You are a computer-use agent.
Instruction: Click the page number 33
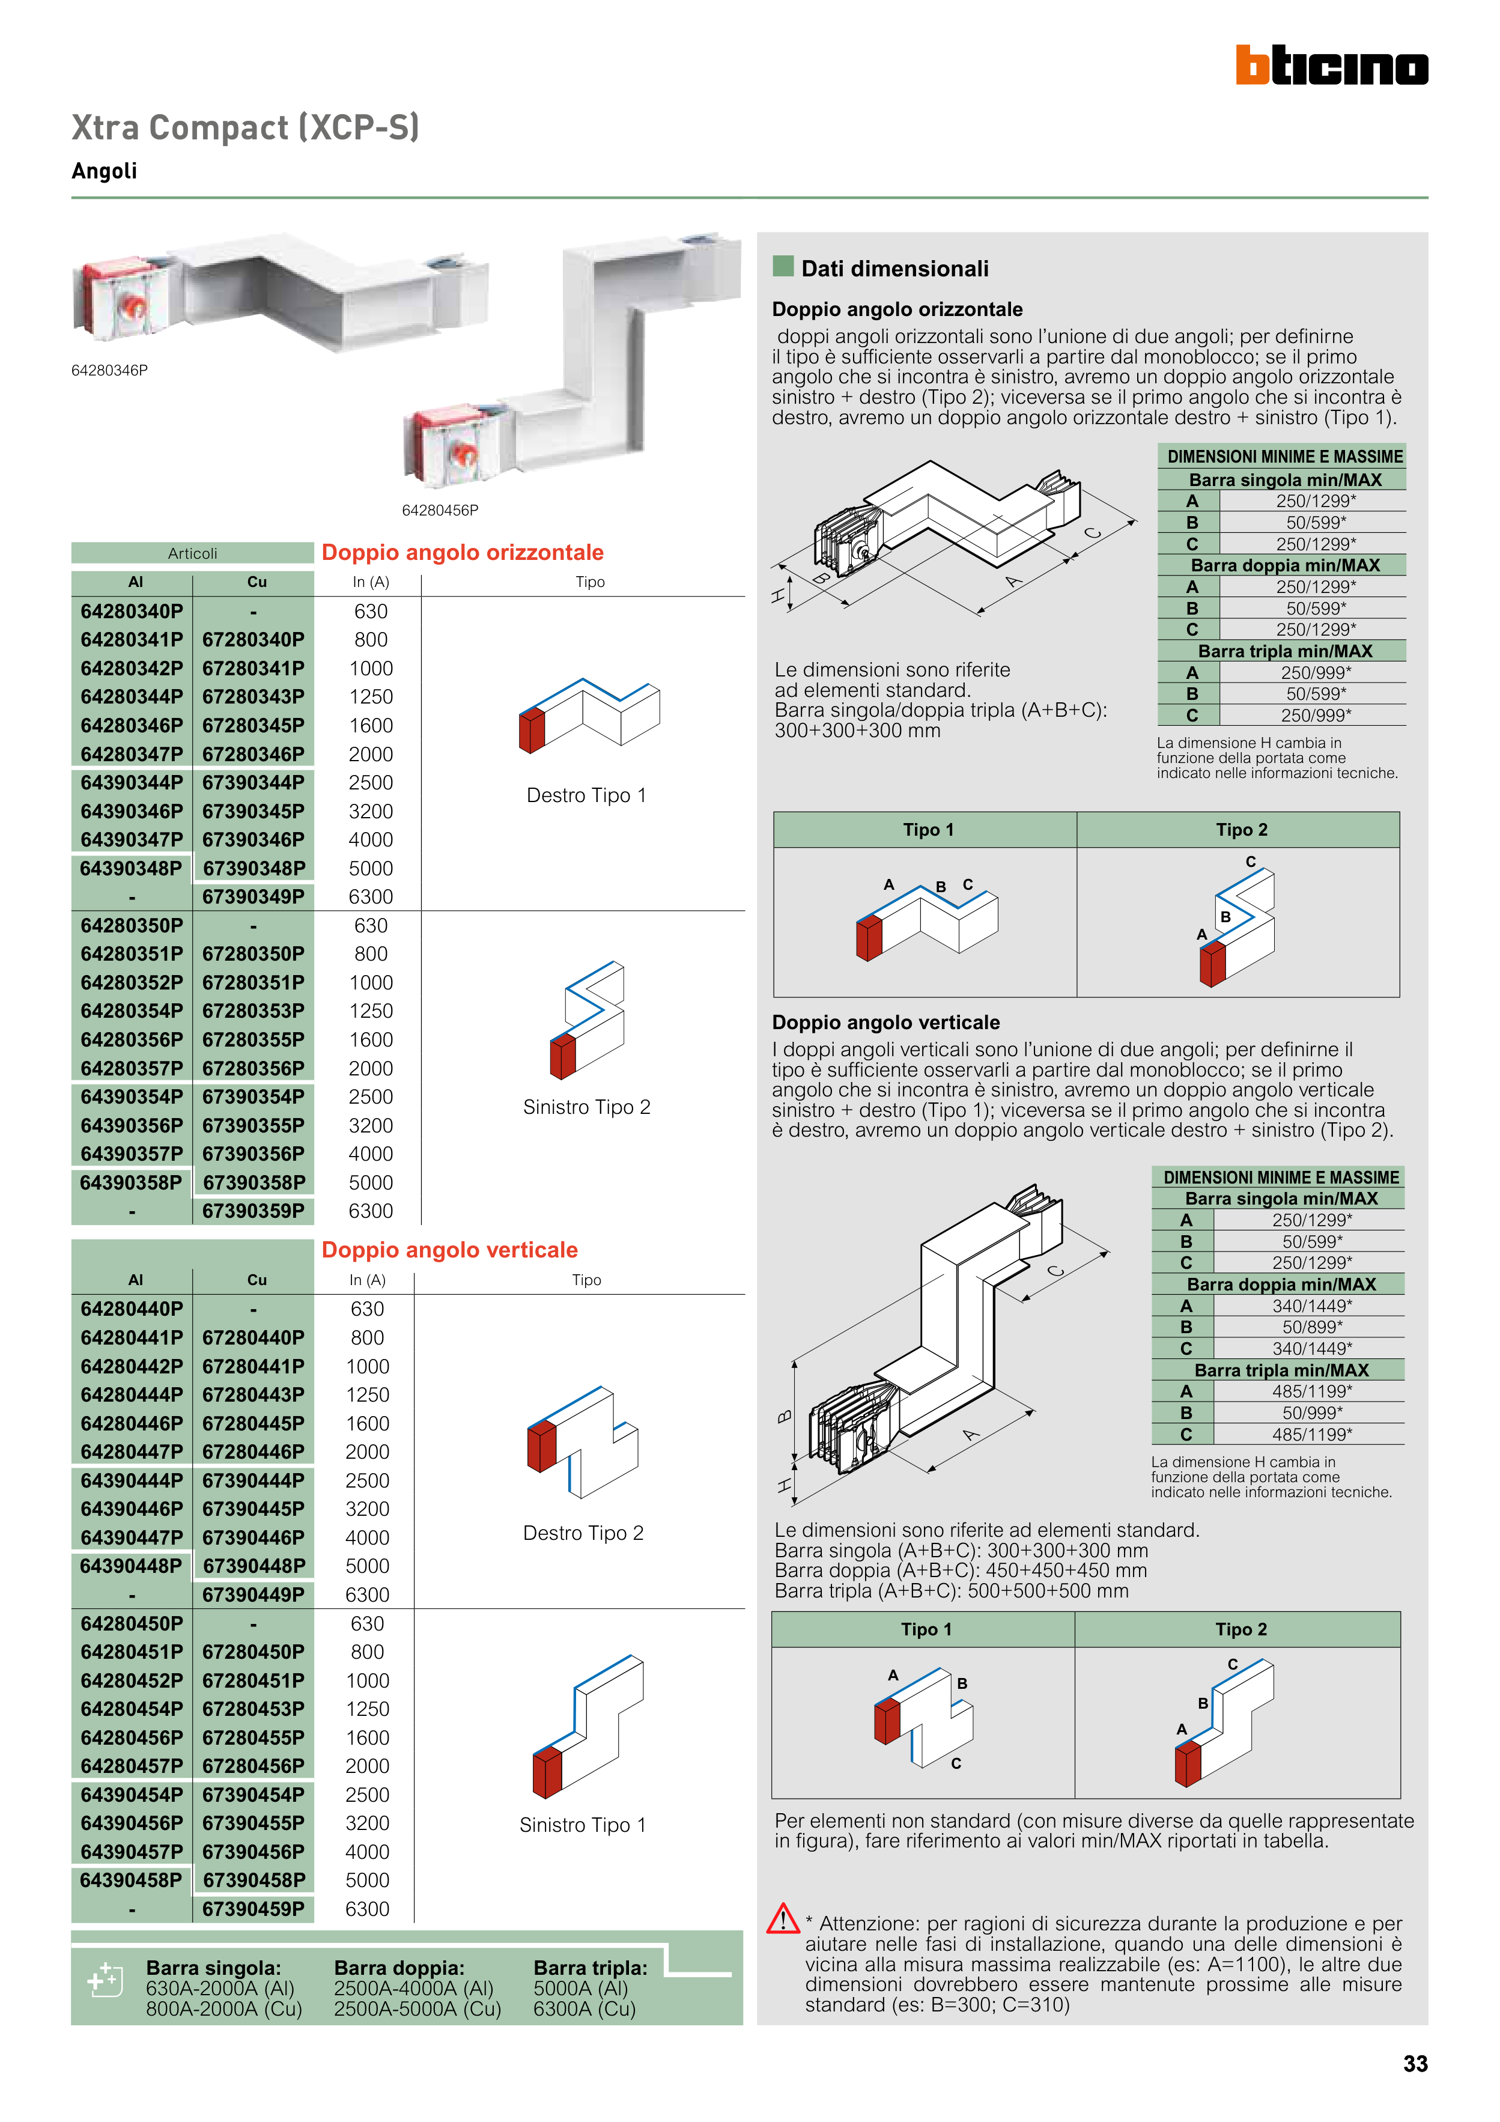pos(1414,2064)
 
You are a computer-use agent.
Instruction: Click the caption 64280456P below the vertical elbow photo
pos(440,510)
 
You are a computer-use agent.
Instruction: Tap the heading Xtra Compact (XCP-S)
pos(246,127)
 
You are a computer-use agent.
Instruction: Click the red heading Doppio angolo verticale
pos(449,1250)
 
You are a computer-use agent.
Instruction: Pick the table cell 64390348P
pos(131,868)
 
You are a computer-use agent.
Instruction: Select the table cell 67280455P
pos(254,1737)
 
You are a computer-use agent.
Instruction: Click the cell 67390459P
pos(254,1909)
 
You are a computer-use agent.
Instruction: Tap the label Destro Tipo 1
pos(586,795)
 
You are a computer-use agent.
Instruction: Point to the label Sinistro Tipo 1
pos(582,1825)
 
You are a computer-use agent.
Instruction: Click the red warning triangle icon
pos(783,1918)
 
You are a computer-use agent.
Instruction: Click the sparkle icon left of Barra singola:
pos(103,1979)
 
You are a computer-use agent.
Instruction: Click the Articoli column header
pos(192,553)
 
